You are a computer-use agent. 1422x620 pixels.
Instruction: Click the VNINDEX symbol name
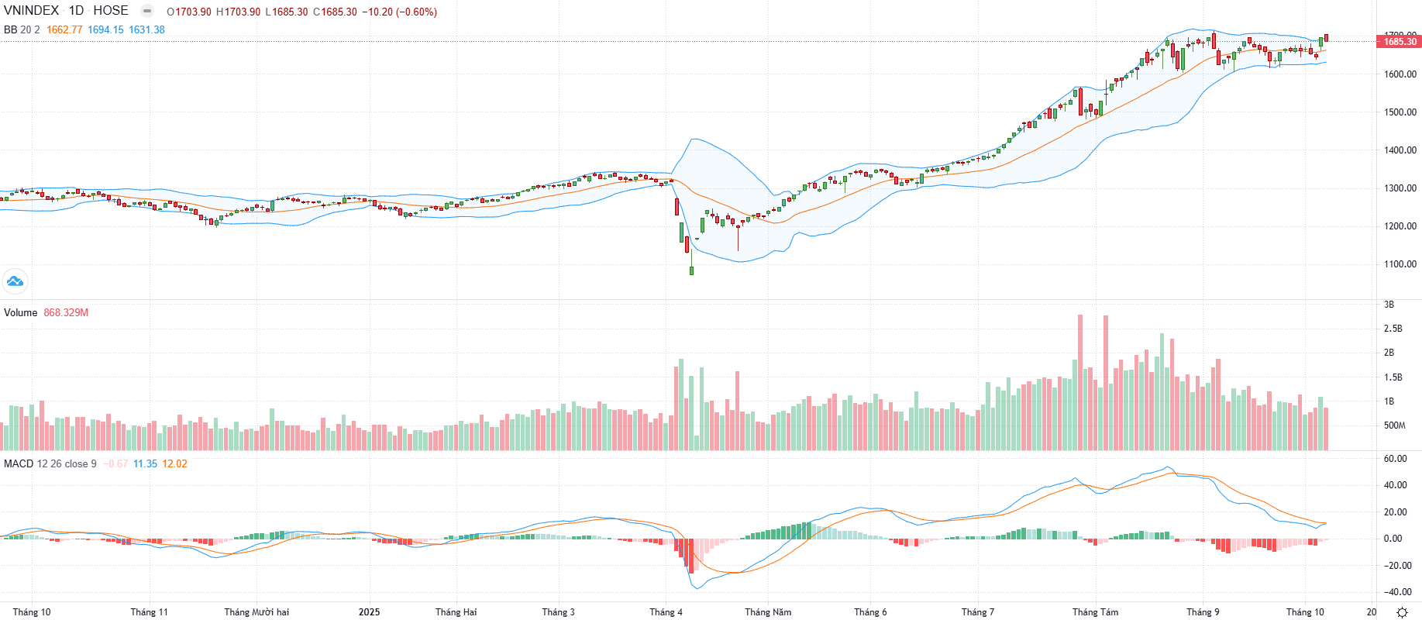31,11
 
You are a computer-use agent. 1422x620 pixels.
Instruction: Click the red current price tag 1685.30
1400,42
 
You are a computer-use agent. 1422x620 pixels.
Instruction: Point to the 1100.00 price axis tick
1400,264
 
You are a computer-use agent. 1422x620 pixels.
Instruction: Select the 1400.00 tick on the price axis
1400,150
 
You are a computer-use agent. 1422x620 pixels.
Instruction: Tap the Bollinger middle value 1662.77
64,30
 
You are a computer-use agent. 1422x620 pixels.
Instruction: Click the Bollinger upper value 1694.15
105,30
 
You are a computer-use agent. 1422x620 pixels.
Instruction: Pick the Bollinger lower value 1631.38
146,30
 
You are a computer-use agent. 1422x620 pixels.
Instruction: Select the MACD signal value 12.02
174,464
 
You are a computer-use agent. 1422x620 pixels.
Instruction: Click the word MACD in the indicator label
19,464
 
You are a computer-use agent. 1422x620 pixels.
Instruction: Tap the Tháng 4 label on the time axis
666,612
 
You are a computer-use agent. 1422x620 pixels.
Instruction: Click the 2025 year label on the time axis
369,612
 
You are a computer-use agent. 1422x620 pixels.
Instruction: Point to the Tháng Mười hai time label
257,612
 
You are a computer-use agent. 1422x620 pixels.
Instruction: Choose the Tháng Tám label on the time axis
1095,612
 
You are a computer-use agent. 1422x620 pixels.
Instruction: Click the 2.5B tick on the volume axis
1393,329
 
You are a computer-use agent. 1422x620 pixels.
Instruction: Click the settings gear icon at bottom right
1402,612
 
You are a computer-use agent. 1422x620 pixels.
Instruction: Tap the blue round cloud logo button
15,281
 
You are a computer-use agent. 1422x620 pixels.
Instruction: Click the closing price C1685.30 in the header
335,12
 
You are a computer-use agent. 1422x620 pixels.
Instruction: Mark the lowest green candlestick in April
691,270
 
